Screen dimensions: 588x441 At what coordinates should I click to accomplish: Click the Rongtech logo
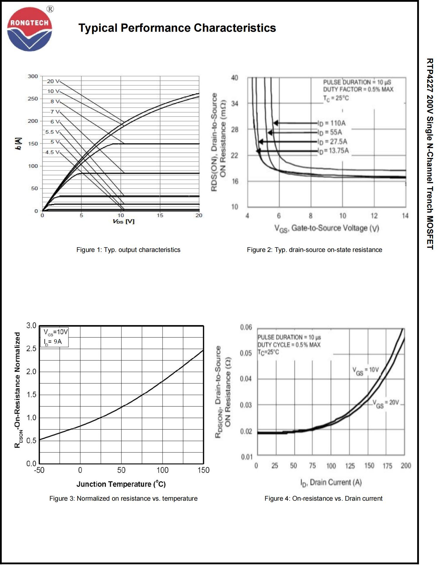(29, 29)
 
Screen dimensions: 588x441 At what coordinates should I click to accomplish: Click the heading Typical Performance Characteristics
(177, 28)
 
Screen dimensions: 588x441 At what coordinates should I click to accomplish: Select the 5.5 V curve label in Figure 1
(52, 132)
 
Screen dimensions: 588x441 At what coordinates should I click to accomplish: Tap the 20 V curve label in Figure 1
(53, 81)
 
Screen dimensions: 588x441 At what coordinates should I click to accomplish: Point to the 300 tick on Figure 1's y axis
(33, 76)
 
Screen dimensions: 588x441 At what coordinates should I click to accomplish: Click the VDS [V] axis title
(123, 221)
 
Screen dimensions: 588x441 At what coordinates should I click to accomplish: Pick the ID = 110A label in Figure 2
(332, 123)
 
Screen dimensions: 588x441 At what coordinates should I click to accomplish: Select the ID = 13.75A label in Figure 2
(334, 151)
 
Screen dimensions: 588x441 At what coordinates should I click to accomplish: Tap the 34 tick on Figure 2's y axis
(235, 103)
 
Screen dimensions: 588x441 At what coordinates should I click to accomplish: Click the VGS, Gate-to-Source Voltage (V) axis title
(326, 228)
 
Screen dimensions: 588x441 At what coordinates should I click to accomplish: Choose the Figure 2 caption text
(314, 250)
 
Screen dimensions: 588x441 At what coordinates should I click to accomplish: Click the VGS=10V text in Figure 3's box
(56, 332)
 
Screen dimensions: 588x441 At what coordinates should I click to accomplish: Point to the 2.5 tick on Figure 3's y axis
(31, 349)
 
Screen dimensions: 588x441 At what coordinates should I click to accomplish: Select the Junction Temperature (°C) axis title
(121, 484)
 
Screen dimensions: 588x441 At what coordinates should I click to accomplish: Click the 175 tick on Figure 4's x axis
(387, 466)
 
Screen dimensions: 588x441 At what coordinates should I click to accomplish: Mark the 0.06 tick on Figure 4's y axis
(246, 327)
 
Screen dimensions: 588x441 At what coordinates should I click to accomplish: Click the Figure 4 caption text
(323, 498)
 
